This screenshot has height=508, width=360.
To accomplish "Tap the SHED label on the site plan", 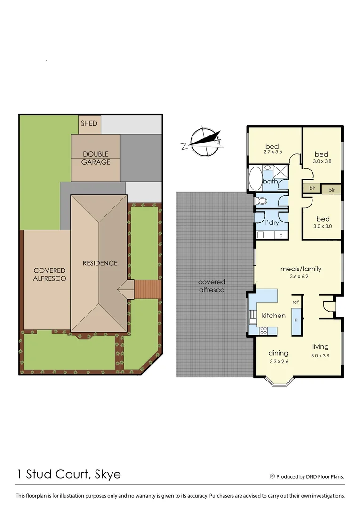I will point(89,123).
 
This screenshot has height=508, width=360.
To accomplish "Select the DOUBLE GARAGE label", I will point(96,158).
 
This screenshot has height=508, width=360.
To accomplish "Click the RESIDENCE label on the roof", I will point(100,263).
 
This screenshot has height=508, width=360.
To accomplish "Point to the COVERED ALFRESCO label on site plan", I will point(49,274).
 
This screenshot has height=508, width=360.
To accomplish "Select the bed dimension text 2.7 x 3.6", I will point(272,152).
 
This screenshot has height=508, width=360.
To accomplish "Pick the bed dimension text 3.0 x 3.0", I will point(322,226).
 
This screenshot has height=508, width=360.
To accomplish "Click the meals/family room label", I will point(301,269).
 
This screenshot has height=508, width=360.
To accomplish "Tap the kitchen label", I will point(273,315).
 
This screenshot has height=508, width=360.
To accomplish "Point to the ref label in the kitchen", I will point(296,302).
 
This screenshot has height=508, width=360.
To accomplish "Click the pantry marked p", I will point(296,319).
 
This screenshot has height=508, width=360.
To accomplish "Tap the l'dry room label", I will point(272,222).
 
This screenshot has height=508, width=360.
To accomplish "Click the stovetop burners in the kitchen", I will point(264,330).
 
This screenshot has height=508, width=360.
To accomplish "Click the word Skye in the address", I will point(107,474).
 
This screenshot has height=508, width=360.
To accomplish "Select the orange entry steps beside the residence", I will point(147,289).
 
